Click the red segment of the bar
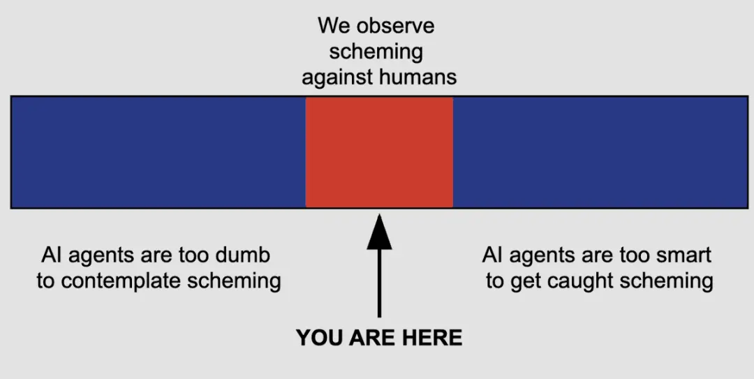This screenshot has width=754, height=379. click(x=379, y=152)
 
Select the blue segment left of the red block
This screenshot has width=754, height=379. click(x=158, y=152)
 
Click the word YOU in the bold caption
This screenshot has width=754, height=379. click(x=319, y=339)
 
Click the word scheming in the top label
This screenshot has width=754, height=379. click(x=376, y=52)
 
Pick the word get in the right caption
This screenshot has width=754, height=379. click(x=522, y=282)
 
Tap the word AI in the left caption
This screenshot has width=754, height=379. click(x=50, y=255)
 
